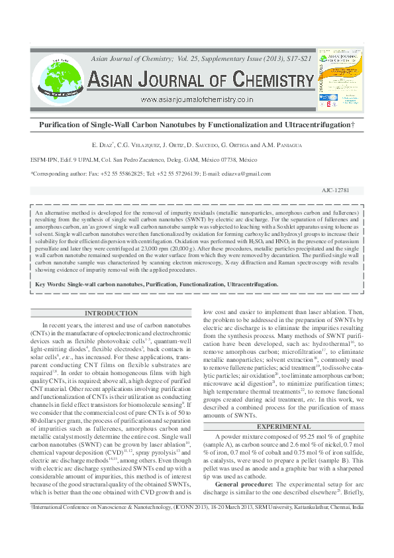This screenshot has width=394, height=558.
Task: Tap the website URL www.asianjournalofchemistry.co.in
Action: [197, 99]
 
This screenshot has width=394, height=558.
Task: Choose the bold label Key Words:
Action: [50, 284]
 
